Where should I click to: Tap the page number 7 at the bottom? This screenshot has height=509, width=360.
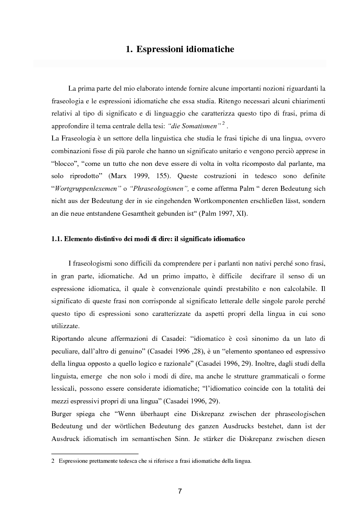click(180, 491)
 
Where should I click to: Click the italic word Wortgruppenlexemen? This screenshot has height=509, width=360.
click(83, 187)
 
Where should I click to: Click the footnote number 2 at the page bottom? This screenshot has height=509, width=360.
click(53, 461)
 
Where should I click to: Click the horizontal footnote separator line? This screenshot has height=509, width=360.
click(95, 454)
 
